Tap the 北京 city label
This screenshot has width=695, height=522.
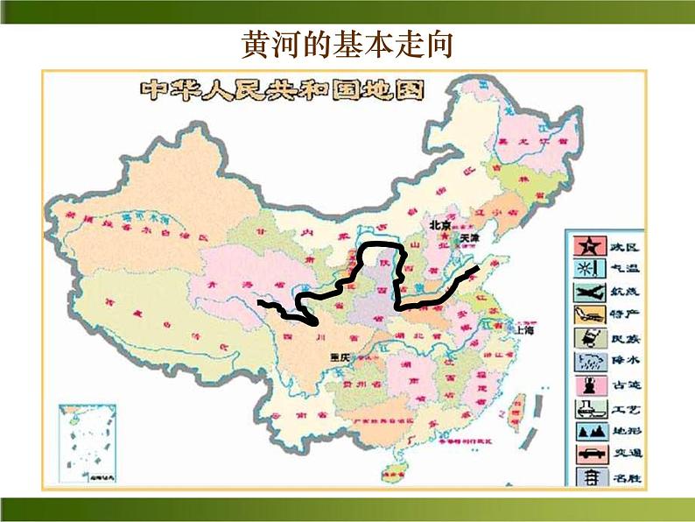(439, 225)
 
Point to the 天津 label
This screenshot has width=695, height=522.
(471, 237)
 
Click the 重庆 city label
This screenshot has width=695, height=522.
(340, 356)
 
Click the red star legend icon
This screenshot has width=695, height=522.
(586, 244)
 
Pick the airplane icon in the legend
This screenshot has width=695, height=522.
(586, 291)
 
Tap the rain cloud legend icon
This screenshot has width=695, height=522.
(586, 361)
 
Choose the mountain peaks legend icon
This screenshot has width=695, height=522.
(586, 431)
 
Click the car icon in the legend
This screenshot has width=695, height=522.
(586, 454)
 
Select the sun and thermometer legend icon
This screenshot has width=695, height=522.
(586, 267)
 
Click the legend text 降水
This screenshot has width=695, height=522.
(619, 361)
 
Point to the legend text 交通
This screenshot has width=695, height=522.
(619, 454)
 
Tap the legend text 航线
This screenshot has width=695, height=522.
(619, 291)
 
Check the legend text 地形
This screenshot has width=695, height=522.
(619, 431)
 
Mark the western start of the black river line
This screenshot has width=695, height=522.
(259, 303)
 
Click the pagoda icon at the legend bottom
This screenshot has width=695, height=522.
(586, 477)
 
